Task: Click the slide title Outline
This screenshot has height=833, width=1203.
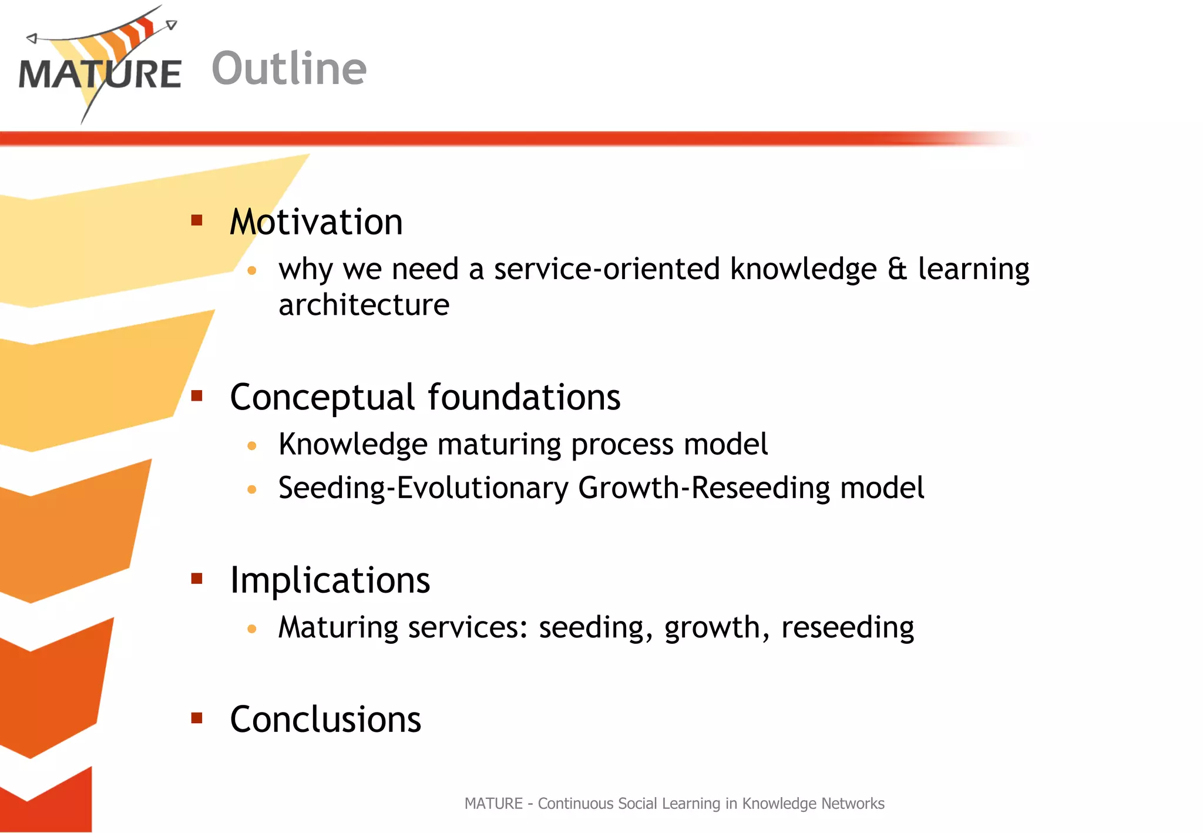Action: click(x=289, y=69)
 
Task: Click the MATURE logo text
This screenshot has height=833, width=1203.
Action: click(x=100, y=75)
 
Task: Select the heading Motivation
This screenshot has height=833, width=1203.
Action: click(x=316, y=222)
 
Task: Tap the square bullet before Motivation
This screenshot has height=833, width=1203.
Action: click(x=197, y=220)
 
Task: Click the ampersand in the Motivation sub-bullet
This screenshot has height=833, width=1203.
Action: click(x=897, y=268)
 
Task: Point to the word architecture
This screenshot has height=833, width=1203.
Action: click(x=364, y=305)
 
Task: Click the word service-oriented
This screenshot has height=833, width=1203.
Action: click(x=606, y=269)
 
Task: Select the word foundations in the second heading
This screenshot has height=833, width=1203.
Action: click(x=523, y=398)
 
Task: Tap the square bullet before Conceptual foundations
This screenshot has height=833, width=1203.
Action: click(x=197, y=396)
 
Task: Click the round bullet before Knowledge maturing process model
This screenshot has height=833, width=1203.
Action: click(x=252, y=446)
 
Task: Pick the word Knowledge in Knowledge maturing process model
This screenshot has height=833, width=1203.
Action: click(x=352, y=445)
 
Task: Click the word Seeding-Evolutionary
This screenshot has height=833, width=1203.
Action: click(x=424, y=488)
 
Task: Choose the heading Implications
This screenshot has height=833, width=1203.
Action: click(x=330, y=580)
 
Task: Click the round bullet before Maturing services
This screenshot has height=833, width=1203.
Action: click(x=252, y=629)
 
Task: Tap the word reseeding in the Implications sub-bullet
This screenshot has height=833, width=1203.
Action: click(x=847, y=627)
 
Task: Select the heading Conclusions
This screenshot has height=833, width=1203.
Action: click(x=325, y=719)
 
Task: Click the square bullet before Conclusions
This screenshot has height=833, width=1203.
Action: click(x=197, y=717)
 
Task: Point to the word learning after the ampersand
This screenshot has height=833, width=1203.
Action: click(x=973, y=270)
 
